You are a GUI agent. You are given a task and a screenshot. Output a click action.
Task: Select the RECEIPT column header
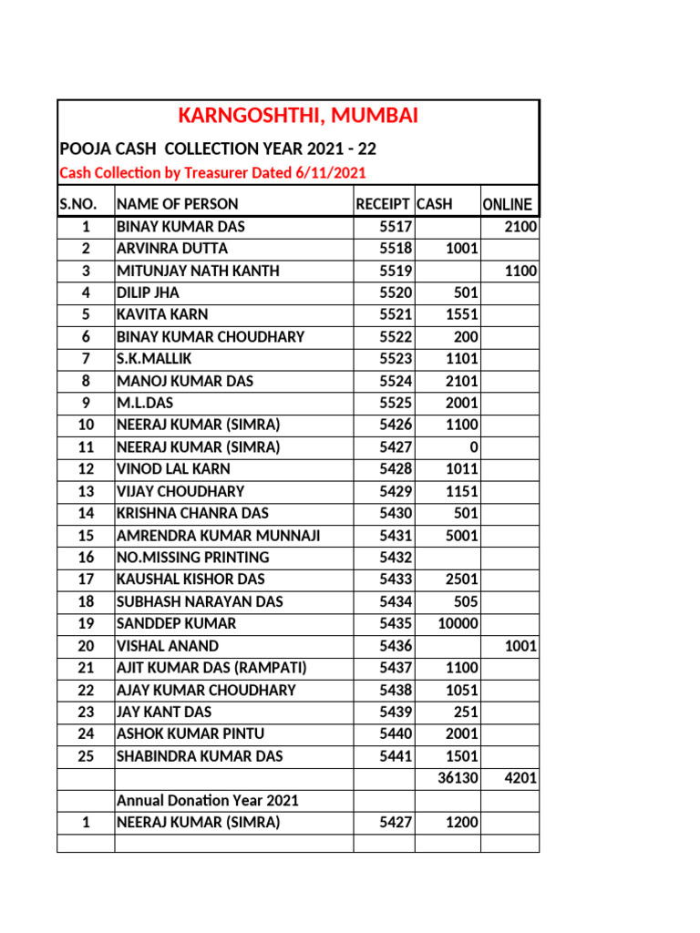click(383, 204)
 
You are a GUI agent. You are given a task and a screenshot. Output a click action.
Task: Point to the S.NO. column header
click(85, 204)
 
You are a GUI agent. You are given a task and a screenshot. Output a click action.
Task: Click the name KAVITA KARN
click(162, 314)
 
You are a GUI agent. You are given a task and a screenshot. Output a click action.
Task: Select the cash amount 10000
click(457, 623)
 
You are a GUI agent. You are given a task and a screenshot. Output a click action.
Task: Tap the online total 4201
click(520, 778)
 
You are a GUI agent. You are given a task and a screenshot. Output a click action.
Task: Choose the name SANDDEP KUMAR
click(176, 623)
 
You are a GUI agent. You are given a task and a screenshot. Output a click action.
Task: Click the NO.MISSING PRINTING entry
click(192, 558)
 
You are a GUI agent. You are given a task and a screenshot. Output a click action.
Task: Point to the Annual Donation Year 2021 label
click(208, 800)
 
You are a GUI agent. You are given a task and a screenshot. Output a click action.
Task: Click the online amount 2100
click(520, 227)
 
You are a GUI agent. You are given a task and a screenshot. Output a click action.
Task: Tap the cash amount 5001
click(461, 536)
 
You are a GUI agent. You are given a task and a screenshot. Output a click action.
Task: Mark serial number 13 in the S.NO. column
click(86, 491)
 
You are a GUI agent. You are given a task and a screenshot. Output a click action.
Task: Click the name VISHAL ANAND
click(168, 646)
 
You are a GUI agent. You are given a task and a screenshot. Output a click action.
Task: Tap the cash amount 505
click(465, 601)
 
